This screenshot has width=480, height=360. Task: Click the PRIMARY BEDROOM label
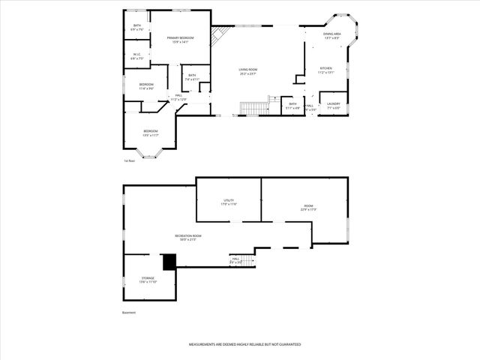coord(180,38)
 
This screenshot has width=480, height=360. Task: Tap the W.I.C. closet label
coord(137,54)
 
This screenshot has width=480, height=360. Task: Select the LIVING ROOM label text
coord(248,70)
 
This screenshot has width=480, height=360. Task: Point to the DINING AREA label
coord(332,34)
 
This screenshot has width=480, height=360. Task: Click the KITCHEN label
coord(326,69)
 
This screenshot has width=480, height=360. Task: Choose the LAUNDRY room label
coord(334,104)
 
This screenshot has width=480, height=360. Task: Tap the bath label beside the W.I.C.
coord(137,25)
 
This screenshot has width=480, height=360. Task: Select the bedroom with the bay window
coord(151,132)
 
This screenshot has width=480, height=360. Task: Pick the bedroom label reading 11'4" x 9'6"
coord(146,85)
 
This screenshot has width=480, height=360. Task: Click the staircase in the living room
coord(253,109)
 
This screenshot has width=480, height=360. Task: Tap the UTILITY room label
coord(229,200)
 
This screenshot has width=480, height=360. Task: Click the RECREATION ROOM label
coord(188,235)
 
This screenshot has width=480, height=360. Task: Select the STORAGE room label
coord(148,277)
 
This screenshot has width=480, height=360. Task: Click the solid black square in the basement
coord(169,261)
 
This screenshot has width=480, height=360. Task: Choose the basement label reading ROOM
coord(308,205)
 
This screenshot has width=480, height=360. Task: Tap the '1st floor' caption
coord(129,160)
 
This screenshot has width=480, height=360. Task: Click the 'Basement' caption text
coord(130,313)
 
